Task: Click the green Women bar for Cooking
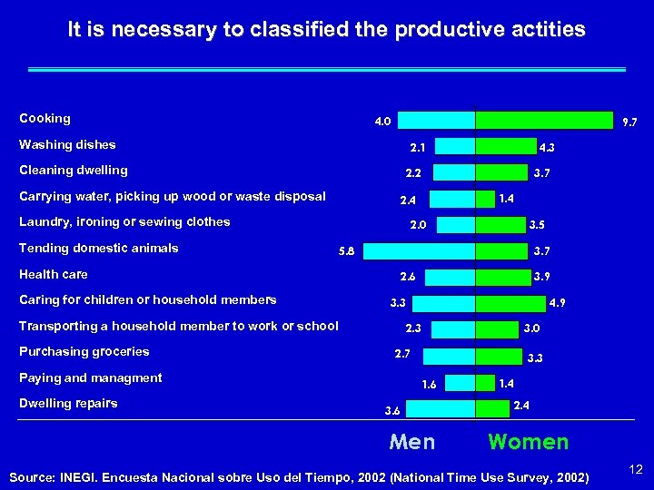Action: [x=544, y=120]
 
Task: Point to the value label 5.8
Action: [x=346, y=251]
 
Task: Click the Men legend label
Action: [x=411, y=443]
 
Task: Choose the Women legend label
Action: [x=528, y=443]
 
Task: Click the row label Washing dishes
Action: [x=67, y=144]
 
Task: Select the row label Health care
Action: [x=54, y=274]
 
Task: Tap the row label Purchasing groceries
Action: [x=84, y=351]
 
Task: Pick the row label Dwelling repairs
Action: [x=68, y=403]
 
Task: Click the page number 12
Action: [x=636, y=469]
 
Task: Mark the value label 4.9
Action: [x=559, y=303]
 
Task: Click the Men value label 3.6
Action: [x=391, y=411]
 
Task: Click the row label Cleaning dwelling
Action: [x=74, y=170]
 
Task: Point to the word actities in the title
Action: [x=549, y=30]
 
